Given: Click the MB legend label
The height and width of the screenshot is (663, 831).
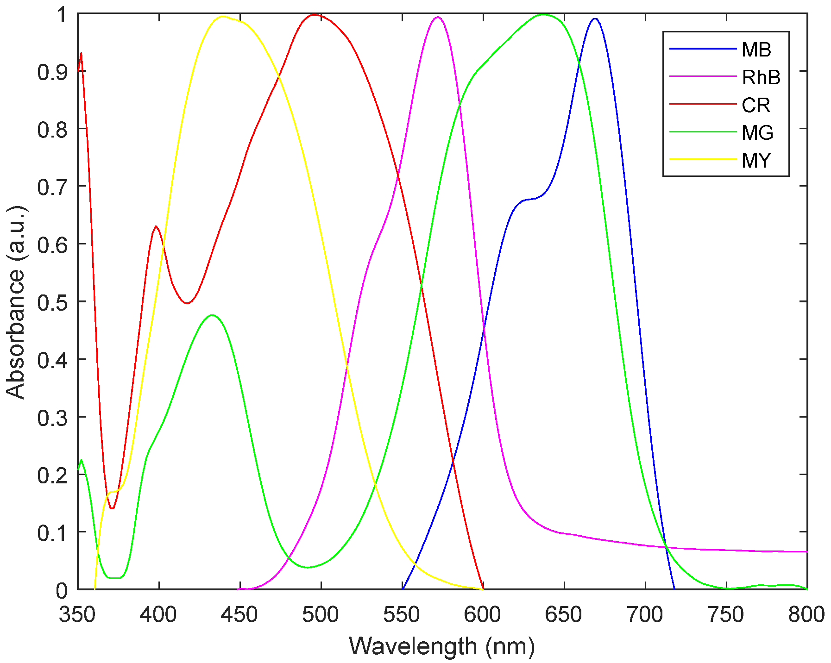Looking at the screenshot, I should tap(756, 50).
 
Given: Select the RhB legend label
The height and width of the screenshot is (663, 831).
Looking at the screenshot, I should tap(761, 77).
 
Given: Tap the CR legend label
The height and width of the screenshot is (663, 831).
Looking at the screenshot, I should tap(755, 105).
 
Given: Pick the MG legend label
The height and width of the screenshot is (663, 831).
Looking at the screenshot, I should tap(757, 133).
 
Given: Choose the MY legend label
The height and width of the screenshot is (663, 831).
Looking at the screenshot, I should tap(756, 160).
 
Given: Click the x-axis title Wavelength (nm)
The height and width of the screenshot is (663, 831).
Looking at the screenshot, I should tap(441, 646).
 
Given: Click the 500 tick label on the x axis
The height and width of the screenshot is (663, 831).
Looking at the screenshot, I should tap(321, 615).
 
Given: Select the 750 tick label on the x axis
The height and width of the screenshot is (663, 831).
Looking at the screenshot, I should tap(726, 615).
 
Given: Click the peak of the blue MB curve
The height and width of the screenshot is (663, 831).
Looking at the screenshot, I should tap(595, 19).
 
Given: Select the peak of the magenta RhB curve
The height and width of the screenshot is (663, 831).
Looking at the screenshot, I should tap(437, 17).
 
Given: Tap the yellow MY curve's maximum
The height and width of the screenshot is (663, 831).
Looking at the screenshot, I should tap(223, 16).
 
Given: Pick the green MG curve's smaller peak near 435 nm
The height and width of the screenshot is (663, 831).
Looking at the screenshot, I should tap(212, 315).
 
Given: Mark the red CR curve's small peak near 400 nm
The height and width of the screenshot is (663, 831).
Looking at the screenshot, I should tap(156, 226).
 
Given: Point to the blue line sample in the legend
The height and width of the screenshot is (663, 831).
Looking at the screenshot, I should tap(702, 49).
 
